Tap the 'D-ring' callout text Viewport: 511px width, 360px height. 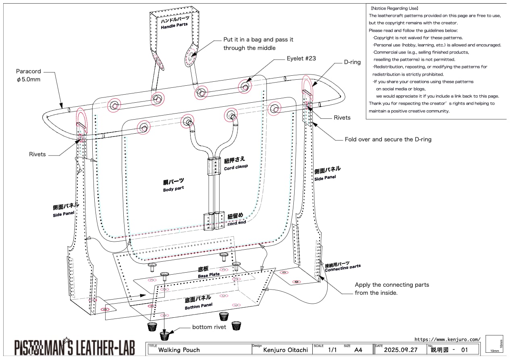[353, 62]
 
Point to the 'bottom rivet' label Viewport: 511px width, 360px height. [209, 327]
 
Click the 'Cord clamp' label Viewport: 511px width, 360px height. [236, 167]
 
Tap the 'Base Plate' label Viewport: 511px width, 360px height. [209, 275]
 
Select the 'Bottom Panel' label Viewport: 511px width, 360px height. [197, 307]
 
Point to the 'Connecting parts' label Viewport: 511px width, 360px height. [343, 267]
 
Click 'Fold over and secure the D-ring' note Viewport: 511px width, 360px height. [388, 140]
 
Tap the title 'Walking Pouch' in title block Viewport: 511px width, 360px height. [179, 350]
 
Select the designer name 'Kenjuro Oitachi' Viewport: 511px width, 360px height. [285, 350]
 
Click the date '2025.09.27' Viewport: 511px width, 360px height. [401, 350]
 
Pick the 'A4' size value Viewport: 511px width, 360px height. [358, 350]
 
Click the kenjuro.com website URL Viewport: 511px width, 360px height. [447, 339]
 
